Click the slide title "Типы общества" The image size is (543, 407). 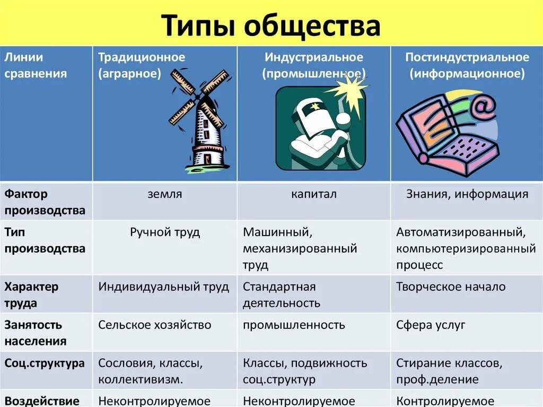coord(271,25)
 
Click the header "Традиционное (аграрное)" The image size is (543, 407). coord(141,65)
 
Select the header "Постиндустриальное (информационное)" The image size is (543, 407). coord(467,65)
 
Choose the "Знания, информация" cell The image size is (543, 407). coord(467,194)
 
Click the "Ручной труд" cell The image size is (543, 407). coord(164,232)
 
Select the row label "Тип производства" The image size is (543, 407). coord(45,240)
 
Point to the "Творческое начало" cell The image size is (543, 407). coord(451,287)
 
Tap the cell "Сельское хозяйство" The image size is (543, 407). coord(154,325)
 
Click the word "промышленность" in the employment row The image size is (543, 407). coord(294,325)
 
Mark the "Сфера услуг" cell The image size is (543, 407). coord(430,325)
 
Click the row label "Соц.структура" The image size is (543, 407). coord(45,363)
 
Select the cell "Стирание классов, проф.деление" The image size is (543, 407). coord(449,371)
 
